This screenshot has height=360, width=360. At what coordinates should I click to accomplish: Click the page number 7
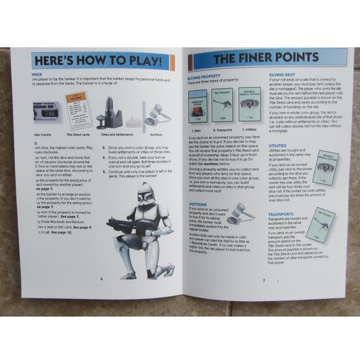pos(263,280)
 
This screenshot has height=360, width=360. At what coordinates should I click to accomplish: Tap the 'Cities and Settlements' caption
pos(116,134)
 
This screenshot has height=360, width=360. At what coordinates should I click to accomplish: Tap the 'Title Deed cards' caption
pos(78,134)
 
